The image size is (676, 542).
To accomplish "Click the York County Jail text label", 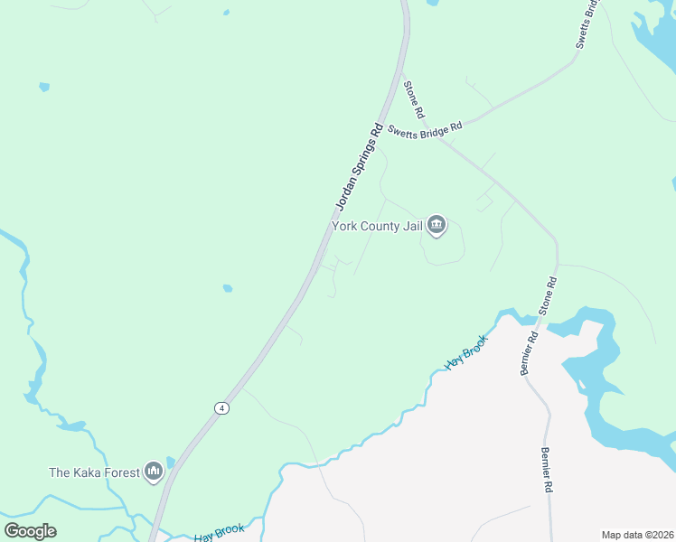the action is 378,226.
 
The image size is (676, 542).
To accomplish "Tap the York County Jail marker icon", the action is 437,224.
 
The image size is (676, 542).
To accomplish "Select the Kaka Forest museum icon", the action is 153,472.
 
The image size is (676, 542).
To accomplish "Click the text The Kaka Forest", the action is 94,472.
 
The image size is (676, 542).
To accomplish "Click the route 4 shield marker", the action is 221,408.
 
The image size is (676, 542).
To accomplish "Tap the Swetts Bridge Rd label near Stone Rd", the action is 425,128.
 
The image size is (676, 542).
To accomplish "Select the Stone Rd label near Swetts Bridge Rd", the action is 414,100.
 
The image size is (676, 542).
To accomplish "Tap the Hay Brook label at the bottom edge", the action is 219,533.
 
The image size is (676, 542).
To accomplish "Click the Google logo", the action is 30,531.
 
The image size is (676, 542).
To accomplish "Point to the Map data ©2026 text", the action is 636,535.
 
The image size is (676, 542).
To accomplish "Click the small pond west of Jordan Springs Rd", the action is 227,289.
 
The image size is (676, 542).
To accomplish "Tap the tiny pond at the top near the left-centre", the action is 225,13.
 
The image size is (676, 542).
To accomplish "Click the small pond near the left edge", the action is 43,87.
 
